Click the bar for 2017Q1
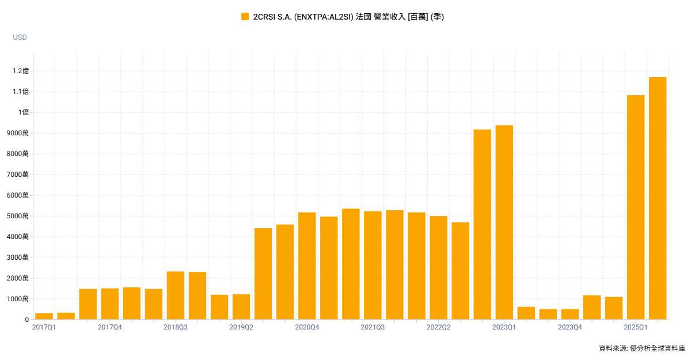click(x=44, y=316)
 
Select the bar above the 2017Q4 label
click(x=109, y=304)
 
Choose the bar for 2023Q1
click(x=504, y=222)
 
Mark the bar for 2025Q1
click(x=636, y=207)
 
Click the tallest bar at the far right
click(x=658, y=198)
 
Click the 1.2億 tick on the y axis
click(x=21, y=71)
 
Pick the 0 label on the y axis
click(x=26, y=320)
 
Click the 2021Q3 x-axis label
click(x=373, y=327)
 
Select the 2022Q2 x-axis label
click(x=438, y=327)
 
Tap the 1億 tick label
click(x=23, y=112)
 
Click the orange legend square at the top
click(x=245, y=17)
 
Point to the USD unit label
click(x=20, y=37)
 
